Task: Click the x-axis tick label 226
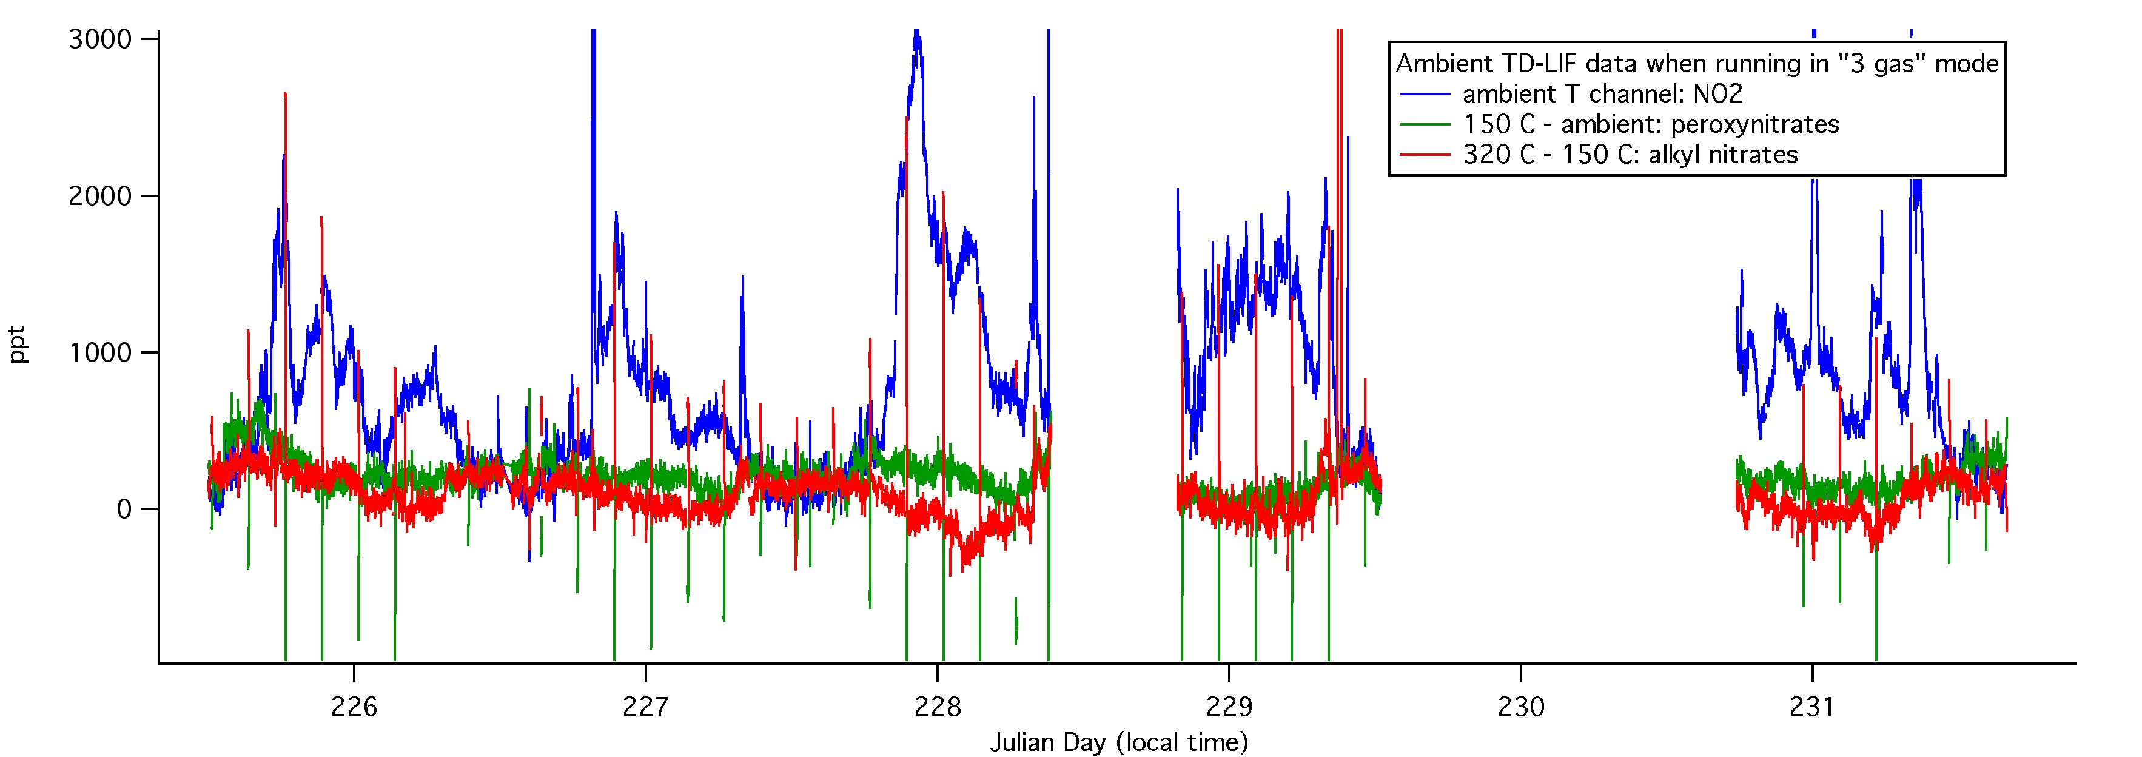click(x=354, y=707)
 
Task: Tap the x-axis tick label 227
click(x=645, y=707)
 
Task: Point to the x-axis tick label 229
click(x=1229, y=707)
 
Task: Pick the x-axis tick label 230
click(x=1521, y=707)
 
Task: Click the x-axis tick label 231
click(x=1812, y=707)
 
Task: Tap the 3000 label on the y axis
click(x=101, y=39)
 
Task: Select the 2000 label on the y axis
click(x=101, y=197)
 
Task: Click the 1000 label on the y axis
click(x=101, y=352)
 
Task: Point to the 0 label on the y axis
click(x=124, y=509)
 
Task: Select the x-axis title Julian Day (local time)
click(x=1118, y=742)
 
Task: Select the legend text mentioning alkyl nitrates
click(x=1630, y=155)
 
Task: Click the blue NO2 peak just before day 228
click(x=916, y=38)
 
